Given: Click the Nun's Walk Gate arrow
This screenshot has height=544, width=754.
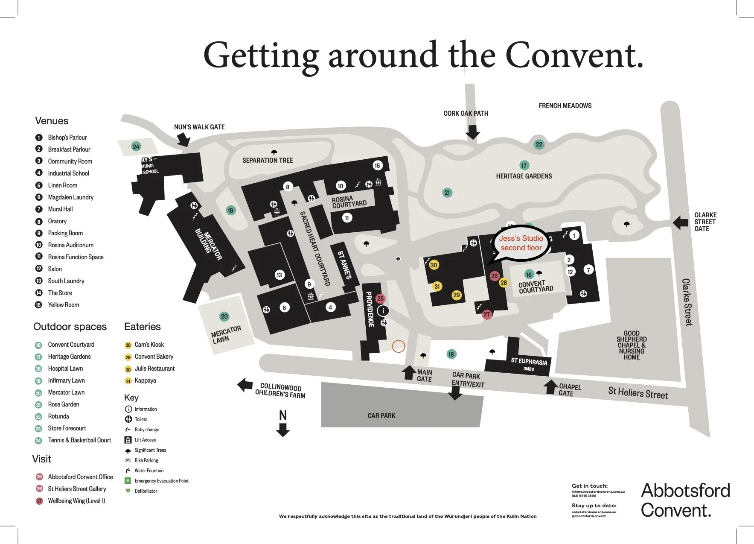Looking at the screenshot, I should (x=184, y=139).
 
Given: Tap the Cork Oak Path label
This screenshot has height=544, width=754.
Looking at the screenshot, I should (x=466, y=113).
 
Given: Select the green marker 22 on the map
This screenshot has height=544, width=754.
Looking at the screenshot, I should (x=539, y=144).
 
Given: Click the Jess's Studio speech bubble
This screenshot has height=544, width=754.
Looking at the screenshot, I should (x=521, y=243).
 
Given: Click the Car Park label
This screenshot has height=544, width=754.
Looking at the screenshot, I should (x=381, y=415).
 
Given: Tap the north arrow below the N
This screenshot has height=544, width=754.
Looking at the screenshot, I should (x=283, y=430).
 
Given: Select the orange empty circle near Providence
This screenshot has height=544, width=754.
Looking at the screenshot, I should (x=398, y=346).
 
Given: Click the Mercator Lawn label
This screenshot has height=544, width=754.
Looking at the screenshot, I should (x=226, y=335).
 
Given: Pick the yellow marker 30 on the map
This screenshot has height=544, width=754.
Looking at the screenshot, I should (x=434, y=265).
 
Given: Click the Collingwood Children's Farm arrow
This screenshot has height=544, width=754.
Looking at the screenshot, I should (x=245, y=385).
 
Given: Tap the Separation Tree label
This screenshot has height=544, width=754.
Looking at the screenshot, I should (x=268, y=160).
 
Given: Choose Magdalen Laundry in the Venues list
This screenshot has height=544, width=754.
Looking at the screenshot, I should (x=70, y=197).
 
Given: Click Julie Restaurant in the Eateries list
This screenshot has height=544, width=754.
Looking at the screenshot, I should (x=154, y=369).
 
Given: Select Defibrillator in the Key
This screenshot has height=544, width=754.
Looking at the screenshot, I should (x=146, y=491).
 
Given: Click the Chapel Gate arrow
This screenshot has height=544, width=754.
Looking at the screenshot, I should (x=550, y=386).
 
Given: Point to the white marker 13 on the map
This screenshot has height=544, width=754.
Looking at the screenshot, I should (x=279, y=275).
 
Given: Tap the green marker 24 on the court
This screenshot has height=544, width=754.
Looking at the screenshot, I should (x=136, y=147).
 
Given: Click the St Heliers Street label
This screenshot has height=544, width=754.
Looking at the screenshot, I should (x=638, y=393).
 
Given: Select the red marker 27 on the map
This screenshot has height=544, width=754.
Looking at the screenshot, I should (x=486, y=315).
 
